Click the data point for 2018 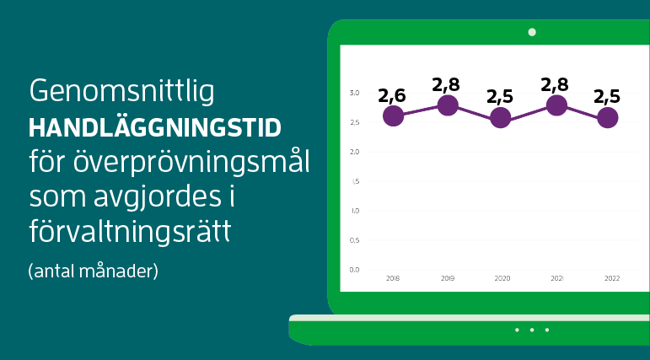[x=393, y=116]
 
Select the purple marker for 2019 [x=448, y=105]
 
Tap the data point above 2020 [x=501, y=118]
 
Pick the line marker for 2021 [x=556, y=105]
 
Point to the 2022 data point [x=607, y=118]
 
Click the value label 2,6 [x=392, y=95]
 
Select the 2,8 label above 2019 [x=447, y=84]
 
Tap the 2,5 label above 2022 [x=607, y=96]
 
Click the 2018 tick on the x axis [x=393, y=277]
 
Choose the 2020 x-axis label [x=502, y=277]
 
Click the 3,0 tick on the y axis [x=355, y=93]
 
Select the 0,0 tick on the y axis [x=355, y=270]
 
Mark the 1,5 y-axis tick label [x=355, y=181]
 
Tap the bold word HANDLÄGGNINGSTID [x=155, y=128]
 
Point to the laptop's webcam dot [x=532, y=32]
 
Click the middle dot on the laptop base [x=532, y=330]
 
